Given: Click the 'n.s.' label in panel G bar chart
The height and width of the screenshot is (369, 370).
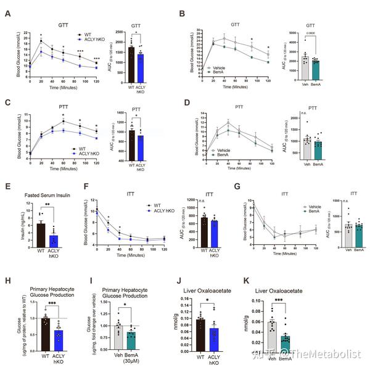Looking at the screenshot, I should pyautogui.click(x=334, y=201).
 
